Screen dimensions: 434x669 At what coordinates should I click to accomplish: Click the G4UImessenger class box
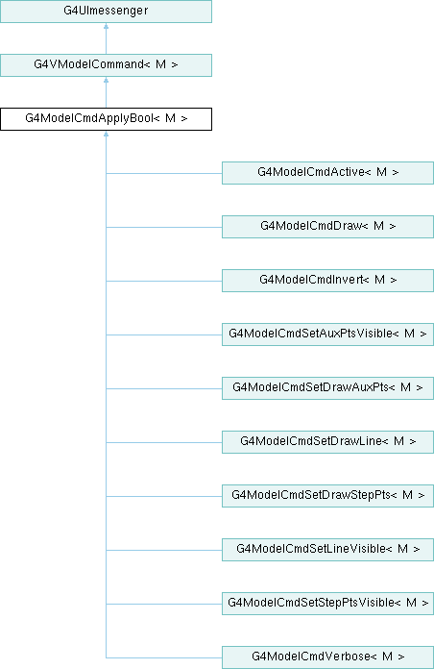[106, 12]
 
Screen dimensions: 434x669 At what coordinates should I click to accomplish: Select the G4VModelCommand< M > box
[106, 65]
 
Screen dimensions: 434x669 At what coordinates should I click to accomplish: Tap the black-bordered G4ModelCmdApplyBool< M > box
[106, 119]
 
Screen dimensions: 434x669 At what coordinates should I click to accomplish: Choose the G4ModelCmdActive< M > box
[327, 173]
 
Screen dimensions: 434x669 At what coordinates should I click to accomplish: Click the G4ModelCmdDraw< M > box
[327, 227]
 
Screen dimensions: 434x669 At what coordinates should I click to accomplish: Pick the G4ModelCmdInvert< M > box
[327, 281]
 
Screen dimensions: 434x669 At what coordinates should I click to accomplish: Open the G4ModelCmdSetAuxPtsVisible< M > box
[327, 334]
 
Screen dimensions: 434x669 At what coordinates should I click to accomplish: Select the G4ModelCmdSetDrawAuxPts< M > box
[327, 387]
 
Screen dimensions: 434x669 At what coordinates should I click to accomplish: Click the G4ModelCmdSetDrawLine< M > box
[327, 441]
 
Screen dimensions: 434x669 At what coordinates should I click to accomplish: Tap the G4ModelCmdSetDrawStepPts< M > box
[327, 495]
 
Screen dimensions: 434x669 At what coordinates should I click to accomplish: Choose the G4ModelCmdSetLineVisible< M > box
[327, 549]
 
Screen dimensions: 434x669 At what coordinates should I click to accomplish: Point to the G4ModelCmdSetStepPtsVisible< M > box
[327, 603]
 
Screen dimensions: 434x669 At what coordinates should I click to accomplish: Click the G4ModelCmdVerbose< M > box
[327, 657]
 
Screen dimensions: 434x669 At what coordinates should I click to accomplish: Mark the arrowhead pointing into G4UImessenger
[106, 26]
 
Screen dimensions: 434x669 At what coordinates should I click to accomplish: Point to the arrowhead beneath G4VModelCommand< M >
[106, 80]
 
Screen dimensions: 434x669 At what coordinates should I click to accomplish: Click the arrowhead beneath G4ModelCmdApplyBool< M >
[106, 134]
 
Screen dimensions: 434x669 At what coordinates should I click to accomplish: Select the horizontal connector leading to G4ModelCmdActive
[163, 173]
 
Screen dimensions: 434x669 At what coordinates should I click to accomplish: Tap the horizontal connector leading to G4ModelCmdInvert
[163, 281]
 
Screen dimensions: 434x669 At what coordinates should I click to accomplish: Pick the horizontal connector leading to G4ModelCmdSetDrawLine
[163, 442]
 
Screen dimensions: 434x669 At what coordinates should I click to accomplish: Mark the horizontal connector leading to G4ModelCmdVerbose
[163, 657]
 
